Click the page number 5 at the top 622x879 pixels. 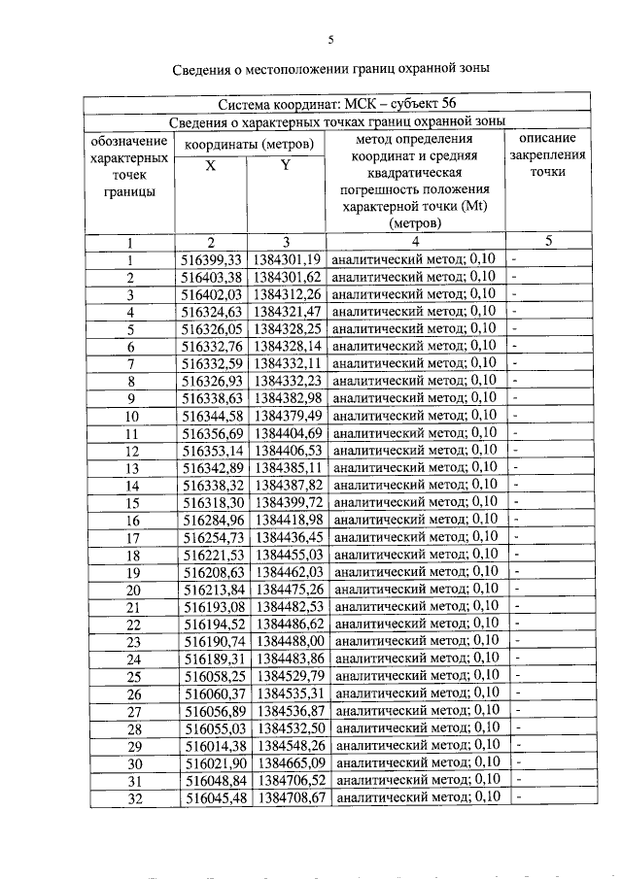pos(329,40)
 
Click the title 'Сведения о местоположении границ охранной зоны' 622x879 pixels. pos(329,69)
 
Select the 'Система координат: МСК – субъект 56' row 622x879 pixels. pos(336,103)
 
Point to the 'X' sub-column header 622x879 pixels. pos(211,165)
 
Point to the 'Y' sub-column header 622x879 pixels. pos(286,165)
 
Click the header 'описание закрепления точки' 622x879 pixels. pos(548,154)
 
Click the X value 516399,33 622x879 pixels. pos(211,260)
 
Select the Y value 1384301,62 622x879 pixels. pos(287,278)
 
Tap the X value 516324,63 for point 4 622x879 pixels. pos(211,312)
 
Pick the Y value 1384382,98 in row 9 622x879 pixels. pos(287,398)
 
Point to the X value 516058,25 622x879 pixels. pos(211,676)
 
